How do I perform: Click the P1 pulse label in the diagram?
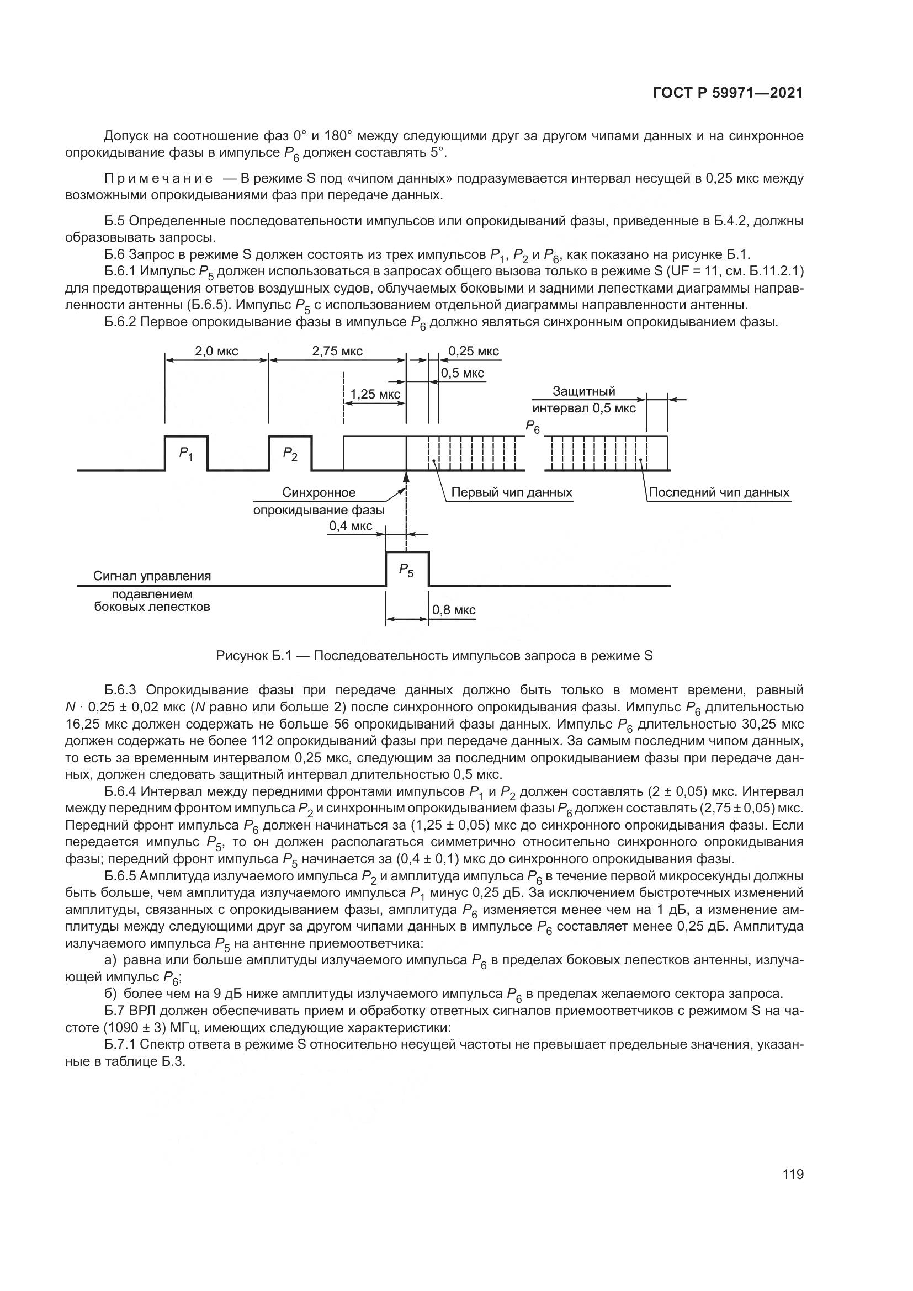pyautogui.click(x=186, y=454)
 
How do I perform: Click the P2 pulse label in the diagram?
pyautogui.click(x=290, y=454)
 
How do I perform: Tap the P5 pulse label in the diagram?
pyautogui.click(x=406, y=571)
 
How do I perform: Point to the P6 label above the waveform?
pyautogui.click(x=532, y=427)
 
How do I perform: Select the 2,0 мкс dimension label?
pyautogui.click(x=216, y=352)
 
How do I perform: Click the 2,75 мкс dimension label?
pyautogui.click(x=337, y=352)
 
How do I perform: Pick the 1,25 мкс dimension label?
pyautogui.click(x=375, y=394)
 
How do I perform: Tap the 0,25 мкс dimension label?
pyautogui.click(x=474, y=352)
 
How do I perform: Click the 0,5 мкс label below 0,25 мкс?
pyautogui.click(x=462, y=373)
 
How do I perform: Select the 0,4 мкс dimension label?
pyautogui.click(x=351, y=527)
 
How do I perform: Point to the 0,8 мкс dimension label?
pyautogui.click(x=454, y=610)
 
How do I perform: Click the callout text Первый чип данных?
pyautogui.click(x=512, y=492)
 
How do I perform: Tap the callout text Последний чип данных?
pyautogui.click(x=719, y=492)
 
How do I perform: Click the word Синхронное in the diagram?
pyautogui.click(x=319, y=492)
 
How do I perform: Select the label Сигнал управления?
pyautogui.click(x=152, y=576)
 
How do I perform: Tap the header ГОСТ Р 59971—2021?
pyautogui.click(x=728, y=93)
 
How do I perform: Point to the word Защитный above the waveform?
pyautogui.click(x=583, y=391)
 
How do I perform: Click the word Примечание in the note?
pyautogui.click(x=158, y=179)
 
